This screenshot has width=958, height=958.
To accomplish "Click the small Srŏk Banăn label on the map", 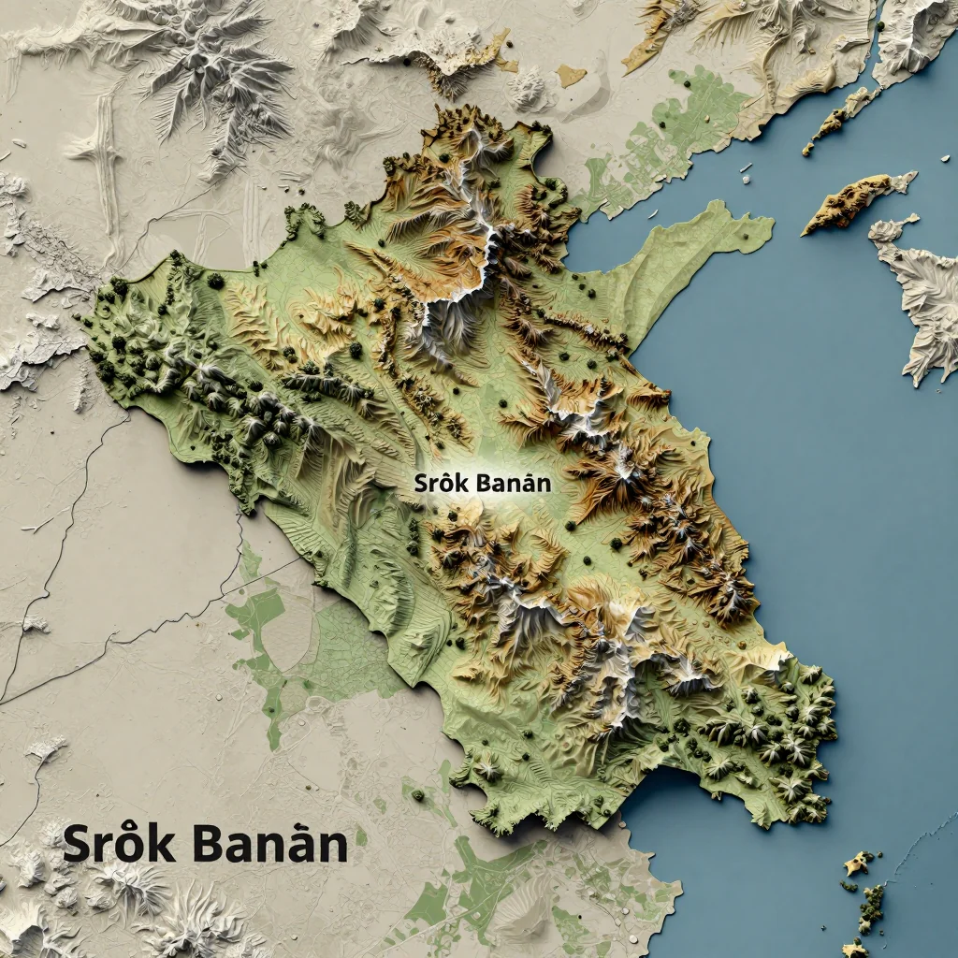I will pos(482,484).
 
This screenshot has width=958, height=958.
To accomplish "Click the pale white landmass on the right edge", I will pos(922,290).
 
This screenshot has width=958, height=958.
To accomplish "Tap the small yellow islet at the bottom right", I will pos(853,864).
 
